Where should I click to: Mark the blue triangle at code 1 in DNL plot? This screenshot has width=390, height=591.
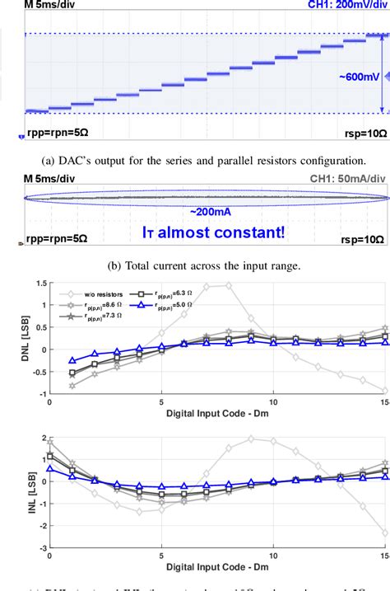point(72,360)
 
